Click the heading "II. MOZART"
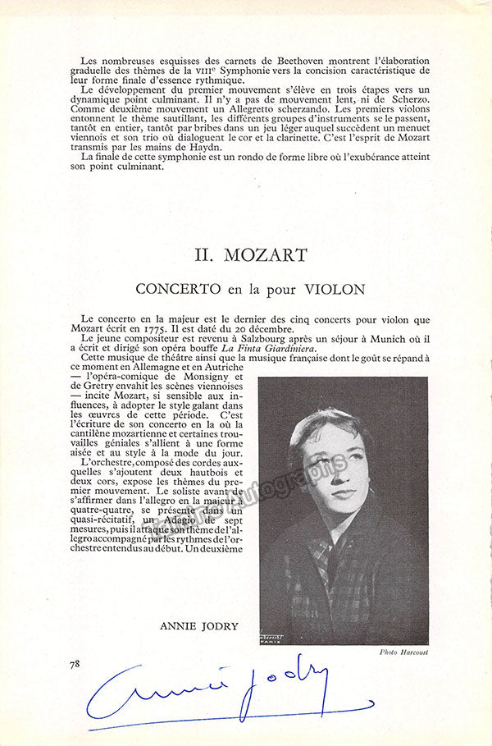click(x=247, y=256)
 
